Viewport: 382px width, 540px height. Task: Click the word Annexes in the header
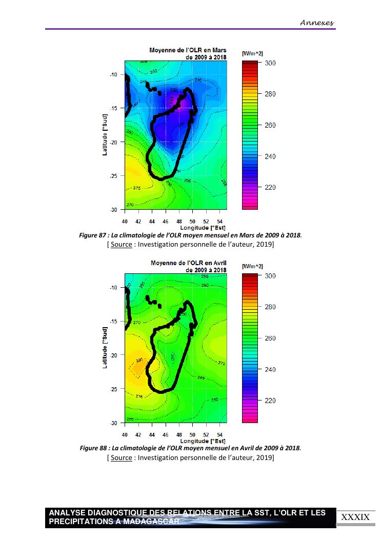(316, 23)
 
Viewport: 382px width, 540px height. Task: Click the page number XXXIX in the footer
(355, 517)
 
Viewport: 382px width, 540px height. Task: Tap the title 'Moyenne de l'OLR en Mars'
(188, 50)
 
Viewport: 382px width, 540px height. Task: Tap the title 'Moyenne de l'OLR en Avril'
(188, 263)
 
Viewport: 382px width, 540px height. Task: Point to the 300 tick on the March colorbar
(270, 63)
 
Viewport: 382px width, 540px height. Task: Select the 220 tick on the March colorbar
(270, 188)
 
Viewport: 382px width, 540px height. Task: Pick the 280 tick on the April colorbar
(270, 307)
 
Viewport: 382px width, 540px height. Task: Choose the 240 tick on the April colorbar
(270, 370)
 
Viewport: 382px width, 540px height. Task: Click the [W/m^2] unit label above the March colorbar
(252, 53)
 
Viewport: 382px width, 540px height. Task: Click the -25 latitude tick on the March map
(114, 176)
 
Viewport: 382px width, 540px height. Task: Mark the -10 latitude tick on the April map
(114, 288)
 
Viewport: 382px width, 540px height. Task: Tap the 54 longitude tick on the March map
(219, 221)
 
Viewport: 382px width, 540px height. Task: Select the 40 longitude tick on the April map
(125, 434)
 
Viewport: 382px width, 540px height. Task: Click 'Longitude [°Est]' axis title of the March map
(203, 227)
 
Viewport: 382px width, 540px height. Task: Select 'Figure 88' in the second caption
(94, 448)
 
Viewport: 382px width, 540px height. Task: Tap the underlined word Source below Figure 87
(122, 245)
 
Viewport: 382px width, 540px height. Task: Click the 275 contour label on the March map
(137, 188)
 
